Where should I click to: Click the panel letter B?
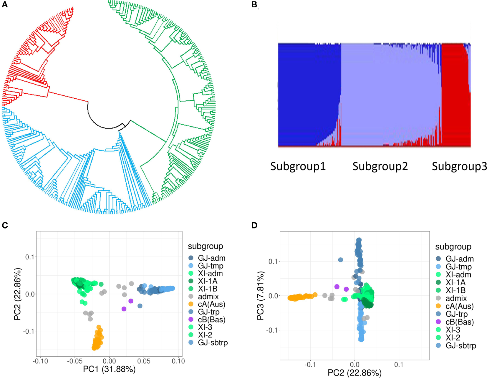[254, 5]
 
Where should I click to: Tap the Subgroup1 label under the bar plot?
[298, 166]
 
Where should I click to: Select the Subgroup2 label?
[380, 166]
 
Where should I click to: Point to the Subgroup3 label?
[459, 166]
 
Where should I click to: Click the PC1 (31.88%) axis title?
[109, 369]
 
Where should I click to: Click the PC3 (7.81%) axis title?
[260, 295]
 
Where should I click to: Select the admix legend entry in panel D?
[456, 298]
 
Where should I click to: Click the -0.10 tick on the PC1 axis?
[40, 361]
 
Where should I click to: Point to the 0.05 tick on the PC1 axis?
[144, 361]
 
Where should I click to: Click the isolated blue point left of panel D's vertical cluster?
[340, 260]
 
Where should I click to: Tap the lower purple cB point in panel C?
[124, 309]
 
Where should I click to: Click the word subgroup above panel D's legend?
[453, 247]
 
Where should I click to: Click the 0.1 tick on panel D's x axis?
[398, 365]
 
